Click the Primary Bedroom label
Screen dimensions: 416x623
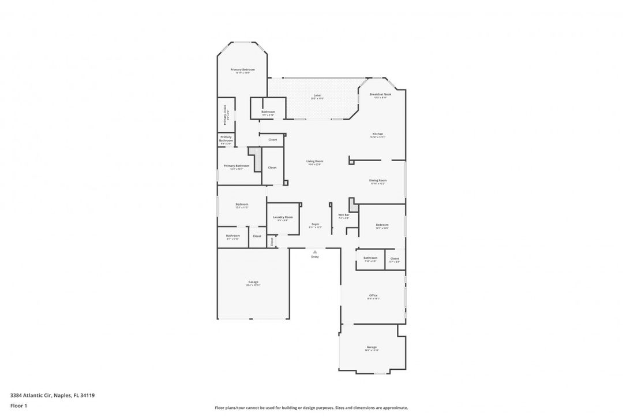pos(242,69)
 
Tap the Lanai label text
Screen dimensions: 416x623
pos(317,95)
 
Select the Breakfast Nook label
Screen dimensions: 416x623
pos(380,94)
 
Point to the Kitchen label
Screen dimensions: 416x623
pos(377,134)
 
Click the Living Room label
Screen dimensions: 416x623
pos(314,161)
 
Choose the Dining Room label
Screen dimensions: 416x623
pos(378,180)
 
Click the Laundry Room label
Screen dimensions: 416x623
pos(283,217)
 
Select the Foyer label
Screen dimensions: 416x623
pos(316,224)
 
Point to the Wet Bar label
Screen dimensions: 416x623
pos(343,215)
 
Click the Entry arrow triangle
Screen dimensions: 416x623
pos(314,251)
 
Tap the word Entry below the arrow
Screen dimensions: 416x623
pos(314,257)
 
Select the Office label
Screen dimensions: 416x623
pos(373,295)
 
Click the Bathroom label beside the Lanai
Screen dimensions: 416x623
pos(268,112)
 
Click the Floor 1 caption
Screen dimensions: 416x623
pos(18,406)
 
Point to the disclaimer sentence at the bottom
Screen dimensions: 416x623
pos(311,407)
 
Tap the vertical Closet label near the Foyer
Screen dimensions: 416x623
pos(272,242)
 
